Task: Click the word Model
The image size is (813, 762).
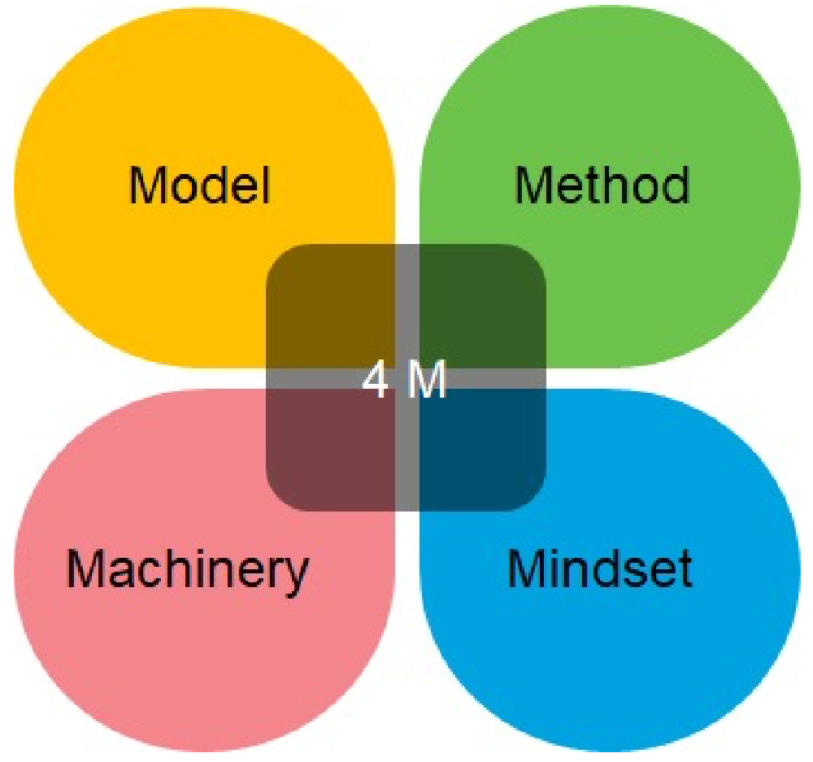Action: tap(199, 185)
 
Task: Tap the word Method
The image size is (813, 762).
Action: tap(602, 185)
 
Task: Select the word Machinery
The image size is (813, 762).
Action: tap(187, 568)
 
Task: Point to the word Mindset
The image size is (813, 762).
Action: tap(599, 568)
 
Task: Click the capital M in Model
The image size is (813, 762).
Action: tap(147, 185)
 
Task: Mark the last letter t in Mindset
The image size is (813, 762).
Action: tap(683, 569)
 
